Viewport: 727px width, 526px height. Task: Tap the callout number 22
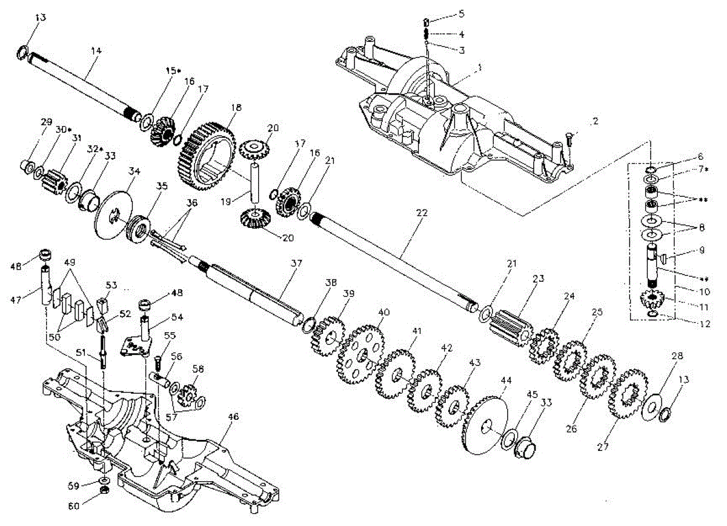pos(422,213)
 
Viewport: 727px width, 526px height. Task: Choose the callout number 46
pos(234,417)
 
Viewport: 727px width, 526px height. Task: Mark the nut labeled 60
pos(104,488)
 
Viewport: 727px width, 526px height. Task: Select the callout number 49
pos(70,262)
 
